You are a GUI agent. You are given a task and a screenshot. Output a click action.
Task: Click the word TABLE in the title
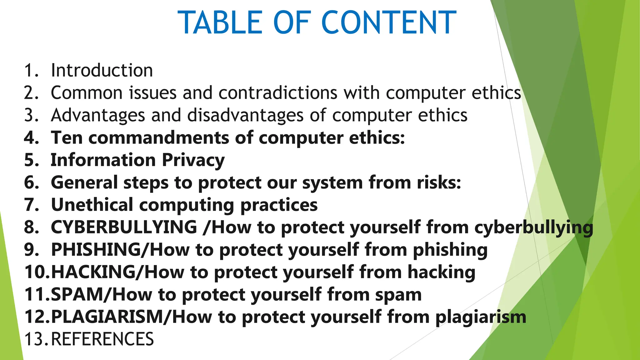click(x=220, y=22)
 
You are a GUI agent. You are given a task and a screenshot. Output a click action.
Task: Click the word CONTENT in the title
click(x=389, y=22)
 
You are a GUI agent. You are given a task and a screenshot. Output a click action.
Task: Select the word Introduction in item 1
click(x=102, y=70)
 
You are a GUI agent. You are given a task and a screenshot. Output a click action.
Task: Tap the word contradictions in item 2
click(x=278, y=93)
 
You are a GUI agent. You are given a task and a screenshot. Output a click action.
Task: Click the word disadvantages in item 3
click(x=245, y=115)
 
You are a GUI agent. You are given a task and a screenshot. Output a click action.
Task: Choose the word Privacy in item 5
click(x=193, y=160)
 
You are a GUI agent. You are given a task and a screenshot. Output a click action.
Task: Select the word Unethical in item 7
click(x=92, y=205)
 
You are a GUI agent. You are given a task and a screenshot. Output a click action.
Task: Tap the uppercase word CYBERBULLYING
click(x=124, y=227)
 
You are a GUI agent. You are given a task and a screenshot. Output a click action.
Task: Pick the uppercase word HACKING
click(x=93, y=272)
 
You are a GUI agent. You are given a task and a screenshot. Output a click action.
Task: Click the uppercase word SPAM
click(x=77, y=295)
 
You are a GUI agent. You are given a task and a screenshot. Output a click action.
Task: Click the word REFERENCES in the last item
click(x=102, y=339)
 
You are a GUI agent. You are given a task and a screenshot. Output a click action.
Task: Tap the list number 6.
click(x=31, y=182)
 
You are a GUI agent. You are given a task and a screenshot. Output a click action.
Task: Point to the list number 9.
click(x=31, y=250)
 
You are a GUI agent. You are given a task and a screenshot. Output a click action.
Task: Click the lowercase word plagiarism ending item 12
click(x=481, y=317)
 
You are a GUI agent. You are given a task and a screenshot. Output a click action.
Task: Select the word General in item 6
click(x=84, y=182)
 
